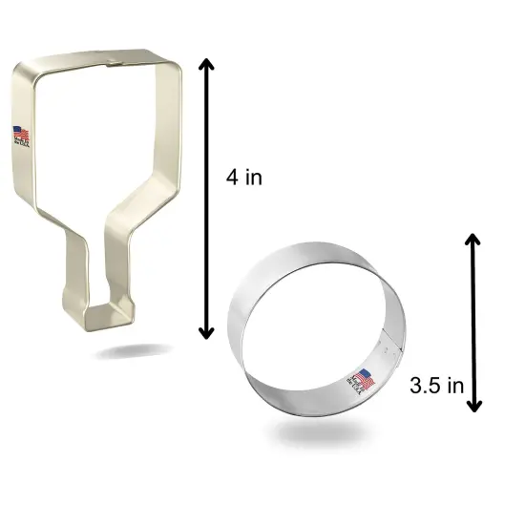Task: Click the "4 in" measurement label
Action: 244,178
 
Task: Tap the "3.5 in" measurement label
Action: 435,387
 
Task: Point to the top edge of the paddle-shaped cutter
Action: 95,64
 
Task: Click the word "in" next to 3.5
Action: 455,387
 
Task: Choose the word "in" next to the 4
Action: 253,178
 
